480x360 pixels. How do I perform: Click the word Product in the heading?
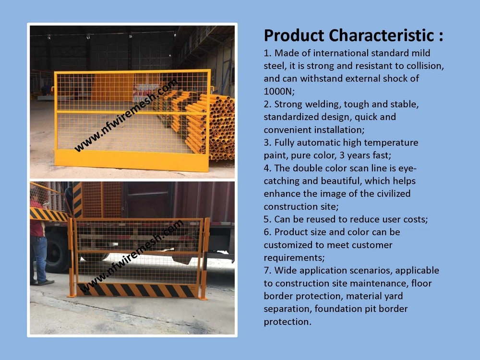point(294,36)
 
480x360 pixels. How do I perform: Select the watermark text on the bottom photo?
point(132,257)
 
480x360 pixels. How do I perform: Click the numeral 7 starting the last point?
point(266,271)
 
